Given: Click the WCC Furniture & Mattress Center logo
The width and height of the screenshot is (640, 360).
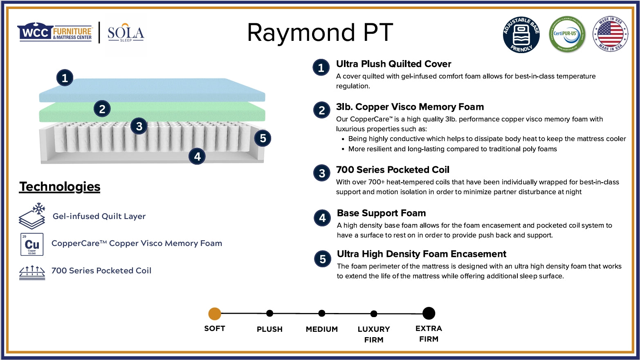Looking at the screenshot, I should (54, 32).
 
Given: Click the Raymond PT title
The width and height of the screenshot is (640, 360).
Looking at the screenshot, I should (320, 33).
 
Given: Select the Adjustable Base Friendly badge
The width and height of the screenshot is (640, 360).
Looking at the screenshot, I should (521, 35).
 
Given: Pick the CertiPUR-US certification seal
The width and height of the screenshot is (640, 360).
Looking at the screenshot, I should (567, 35).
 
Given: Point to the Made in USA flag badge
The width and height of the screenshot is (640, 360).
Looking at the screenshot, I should (611, 34).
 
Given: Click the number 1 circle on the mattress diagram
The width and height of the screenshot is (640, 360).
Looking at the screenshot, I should (65, 78).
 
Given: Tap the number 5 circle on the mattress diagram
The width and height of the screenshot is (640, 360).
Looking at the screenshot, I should (263, 138).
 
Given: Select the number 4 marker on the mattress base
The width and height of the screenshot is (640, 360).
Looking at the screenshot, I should (197, 156).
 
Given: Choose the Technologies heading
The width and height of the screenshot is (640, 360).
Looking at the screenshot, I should (60, 187).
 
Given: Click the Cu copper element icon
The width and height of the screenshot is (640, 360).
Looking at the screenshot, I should (32, 244).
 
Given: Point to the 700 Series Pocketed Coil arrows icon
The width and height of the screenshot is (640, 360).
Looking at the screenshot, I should (32, 272).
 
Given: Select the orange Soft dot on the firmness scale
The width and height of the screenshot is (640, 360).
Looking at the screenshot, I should (215, 314).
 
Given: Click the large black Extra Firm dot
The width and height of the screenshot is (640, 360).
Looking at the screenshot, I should (429, 313).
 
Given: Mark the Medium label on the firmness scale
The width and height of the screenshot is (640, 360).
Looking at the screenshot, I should (322, 329).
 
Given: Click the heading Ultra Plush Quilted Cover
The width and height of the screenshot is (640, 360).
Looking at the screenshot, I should (393, 64).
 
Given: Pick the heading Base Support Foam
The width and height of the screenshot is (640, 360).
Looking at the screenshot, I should (381, 213).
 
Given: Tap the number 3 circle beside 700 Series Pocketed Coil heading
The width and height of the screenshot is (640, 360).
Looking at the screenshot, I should (322, 173).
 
